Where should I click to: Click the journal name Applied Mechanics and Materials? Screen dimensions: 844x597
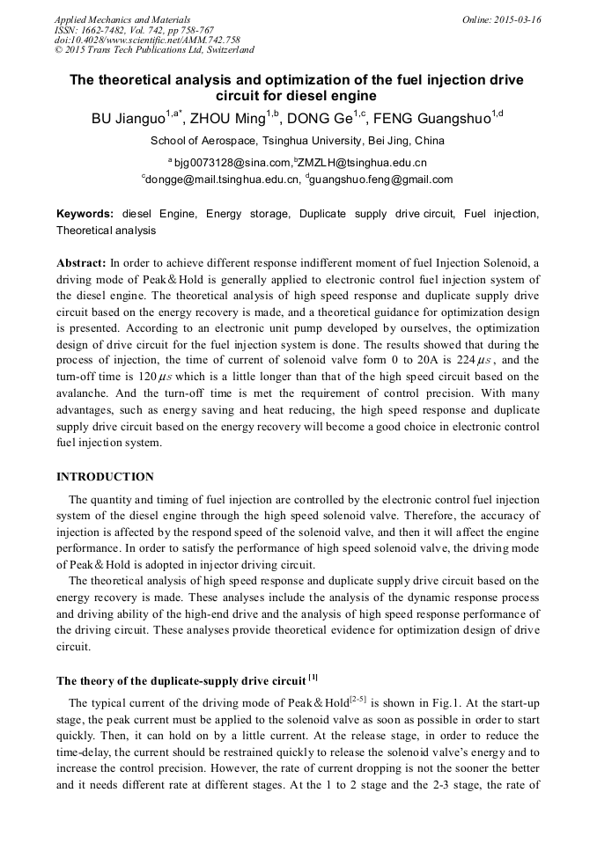point(122,18)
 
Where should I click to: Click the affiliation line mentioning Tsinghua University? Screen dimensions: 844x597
point(298,140)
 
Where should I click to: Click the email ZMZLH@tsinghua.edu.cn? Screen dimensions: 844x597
point(363,162)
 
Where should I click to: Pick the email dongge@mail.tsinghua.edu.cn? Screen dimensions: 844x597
point(222,179)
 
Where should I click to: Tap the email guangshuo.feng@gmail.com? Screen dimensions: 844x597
point(381,179)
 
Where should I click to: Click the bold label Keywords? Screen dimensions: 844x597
point(85,214)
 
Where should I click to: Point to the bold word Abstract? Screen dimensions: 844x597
point(82,263)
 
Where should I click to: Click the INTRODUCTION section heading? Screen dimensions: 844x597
point(105,476)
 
